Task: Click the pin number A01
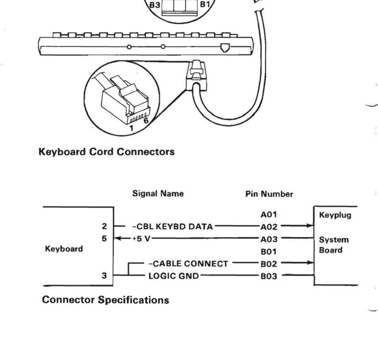269,215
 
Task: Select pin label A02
269,227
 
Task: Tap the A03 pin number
269,239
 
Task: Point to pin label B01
269,252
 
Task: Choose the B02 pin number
269,264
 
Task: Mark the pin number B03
269,276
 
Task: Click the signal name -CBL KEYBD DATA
172,226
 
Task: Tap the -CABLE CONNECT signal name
188,264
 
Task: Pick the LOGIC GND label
174,276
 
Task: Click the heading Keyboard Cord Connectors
107,151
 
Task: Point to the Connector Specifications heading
105,300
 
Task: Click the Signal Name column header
158,193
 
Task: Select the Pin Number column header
269,194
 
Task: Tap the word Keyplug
335,215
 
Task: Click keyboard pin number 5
104,239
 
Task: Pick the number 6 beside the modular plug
146,121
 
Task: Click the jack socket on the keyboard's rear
224,47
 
